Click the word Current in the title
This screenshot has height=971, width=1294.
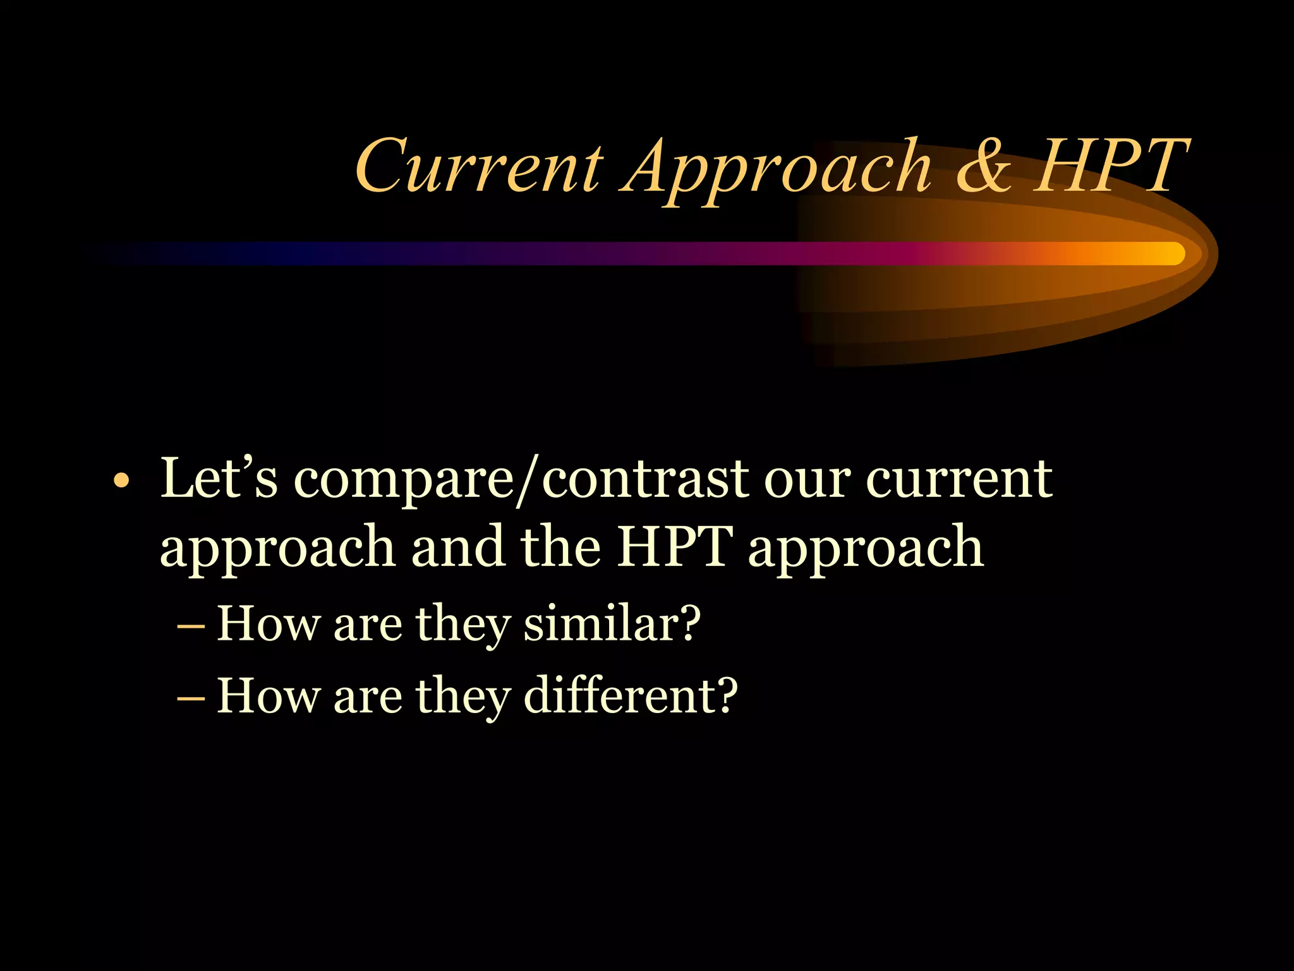click(479, 166)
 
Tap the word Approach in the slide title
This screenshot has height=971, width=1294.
click(776, 169)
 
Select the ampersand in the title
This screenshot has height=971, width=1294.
click(983, 166)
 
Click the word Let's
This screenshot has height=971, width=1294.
click(219, 478)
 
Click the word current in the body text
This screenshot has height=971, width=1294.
click(958, 479)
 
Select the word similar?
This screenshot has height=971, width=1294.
click(612, 624)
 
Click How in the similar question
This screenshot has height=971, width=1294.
click(269, 624)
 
